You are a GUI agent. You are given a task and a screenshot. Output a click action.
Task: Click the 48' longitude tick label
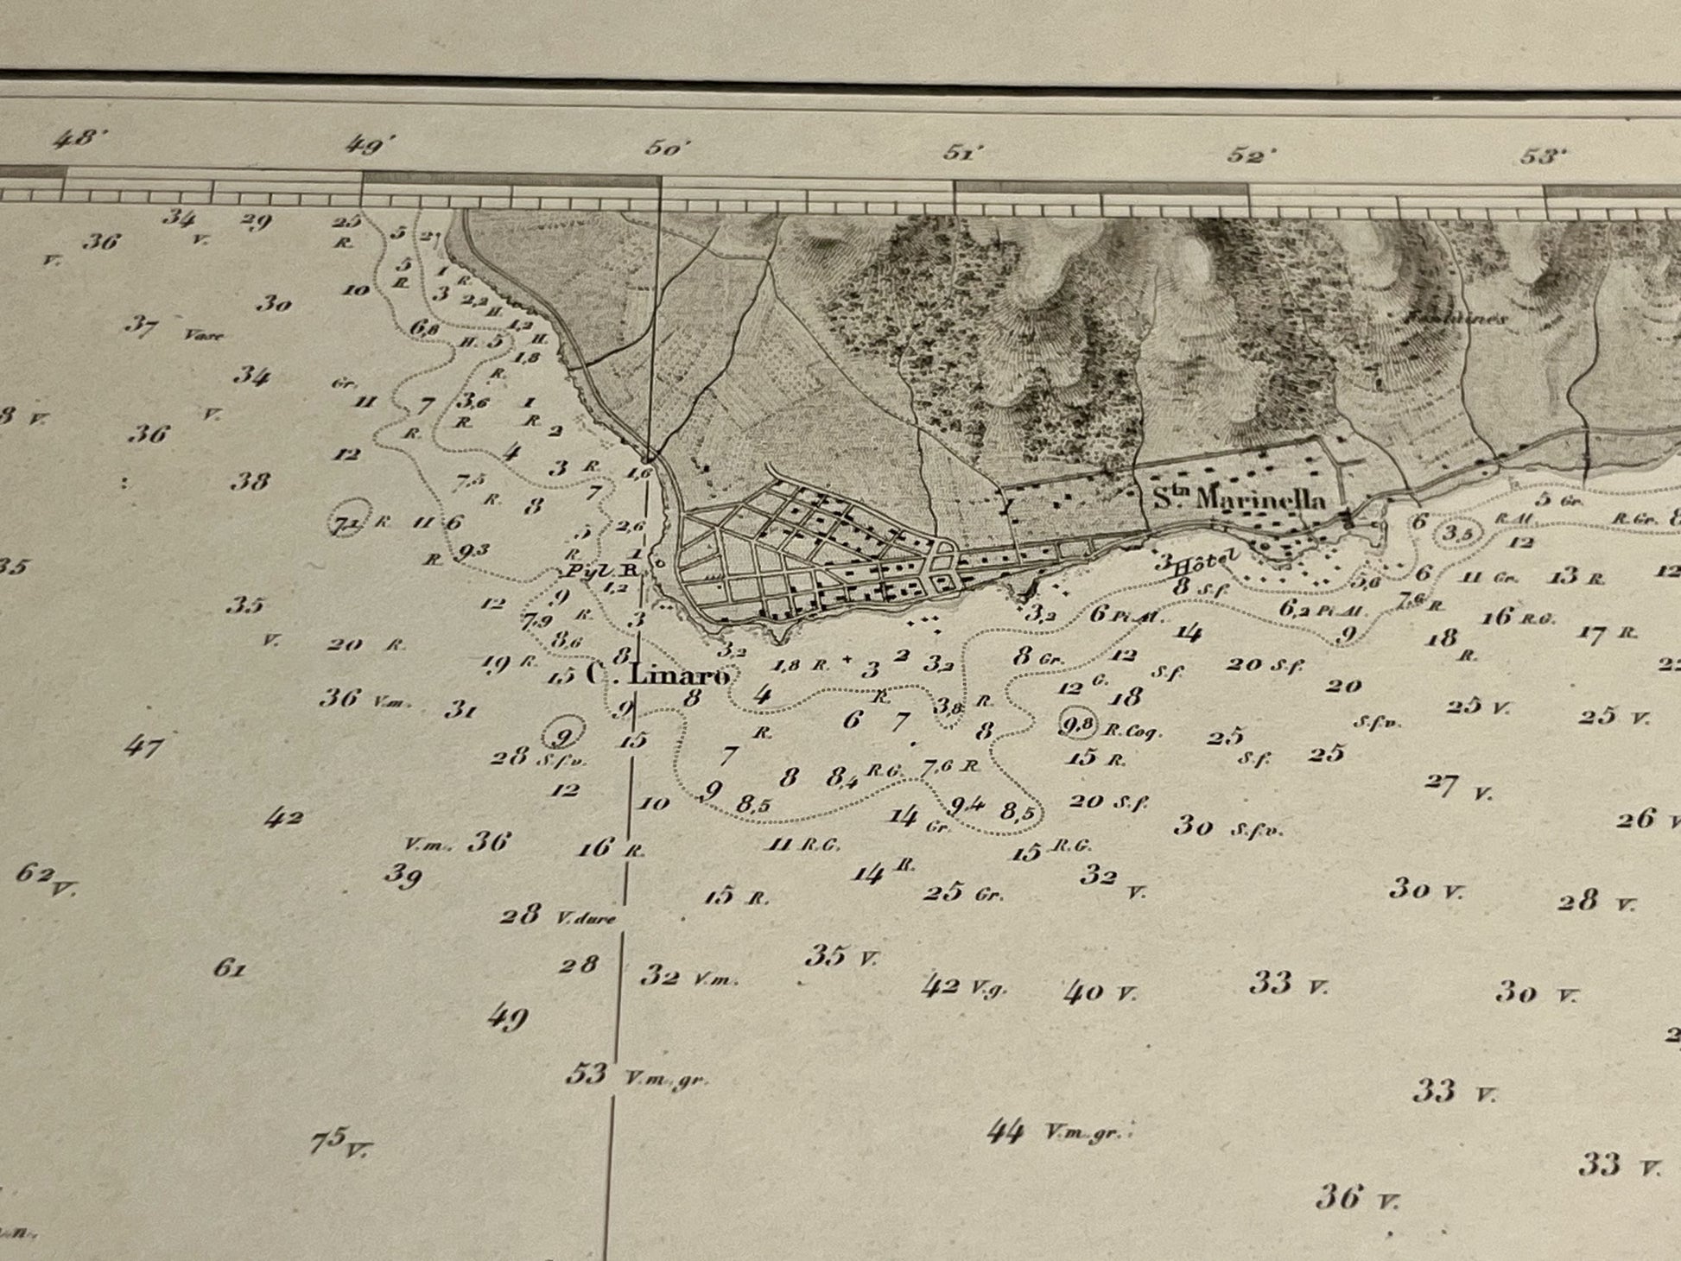[x=76, y=140]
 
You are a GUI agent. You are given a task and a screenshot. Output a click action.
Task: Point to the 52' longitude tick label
[x=1250, y=155]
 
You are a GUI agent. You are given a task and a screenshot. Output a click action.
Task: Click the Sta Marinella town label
[x=1239, y=498]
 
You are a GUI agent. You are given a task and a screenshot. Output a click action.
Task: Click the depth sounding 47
[x=143, y=745]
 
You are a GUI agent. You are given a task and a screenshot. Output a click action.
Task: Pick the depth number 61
[x=230, y=968]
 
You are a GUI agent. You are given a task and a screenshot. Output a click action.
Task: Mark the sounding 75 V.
[x=339, y=1143]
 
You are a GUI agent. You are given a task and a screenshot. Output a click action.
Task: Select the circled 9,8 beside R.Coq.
[x=1076, y=724]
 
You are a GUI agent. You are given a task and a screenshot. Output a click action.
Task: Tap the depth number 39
[x=403, y=876]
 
